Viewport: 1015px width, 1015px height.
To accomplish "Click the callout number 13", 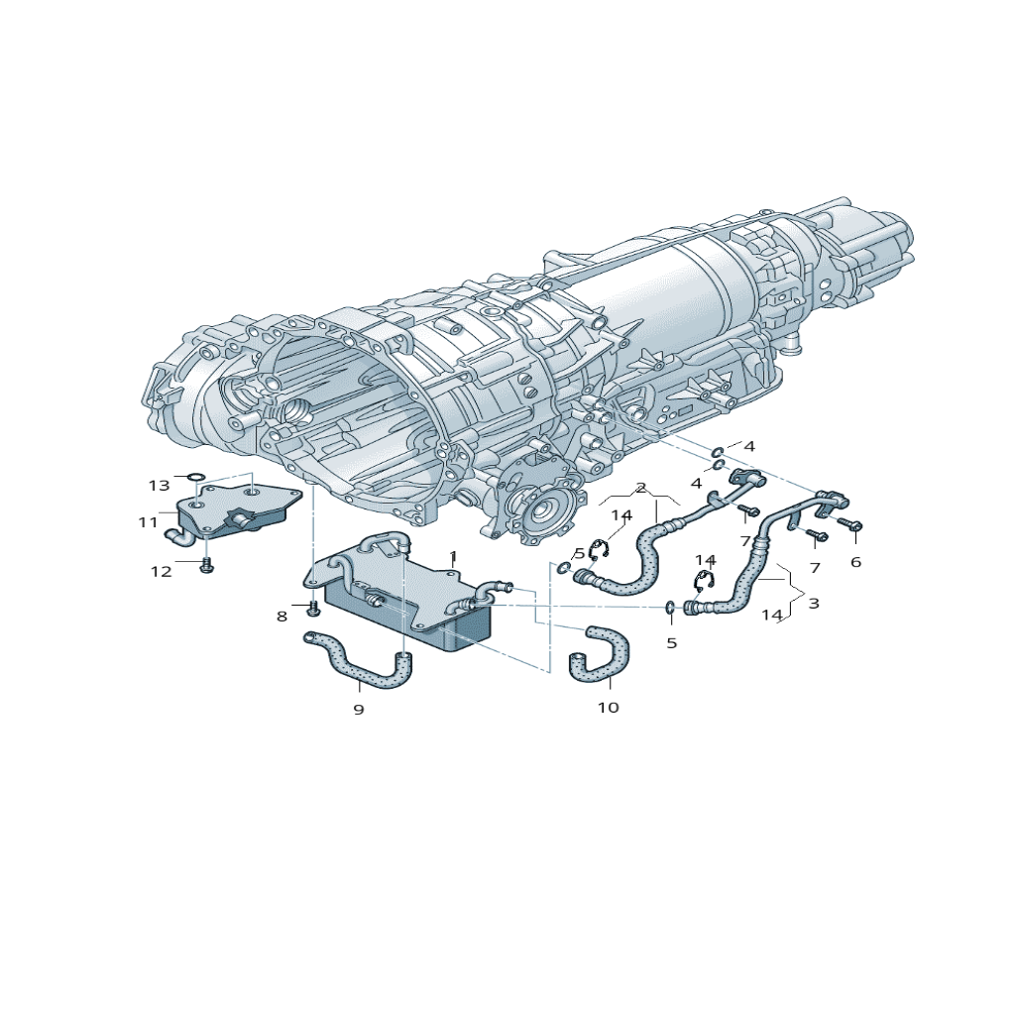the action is click(x=159, y=485).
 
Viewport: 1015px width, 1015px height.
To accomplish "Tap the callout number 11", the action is click(x=148, y=521).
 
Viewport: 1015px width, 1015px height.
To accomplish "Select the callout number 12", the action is click(x=162, y=572).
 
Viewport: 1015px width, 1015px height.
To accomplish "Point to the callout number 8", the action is click(x=282, y=617).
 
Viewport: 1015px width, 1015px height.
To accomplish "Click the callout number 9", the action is click(x=359, y=710).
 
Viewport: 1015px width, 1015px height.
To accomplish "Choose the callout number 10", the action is click(x=609, y=708).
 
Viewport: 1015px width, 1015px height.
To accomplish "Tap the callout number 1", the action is click(x=453, y=556).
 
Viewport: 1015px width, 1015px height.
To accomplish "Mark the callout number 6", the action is click(x=855, y=562).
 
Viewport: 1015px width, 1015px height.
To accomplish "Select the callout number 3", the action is click(x=814, y=604).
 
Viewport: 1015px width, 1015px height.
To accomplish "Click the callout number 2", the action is click(x=641, y=488).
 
